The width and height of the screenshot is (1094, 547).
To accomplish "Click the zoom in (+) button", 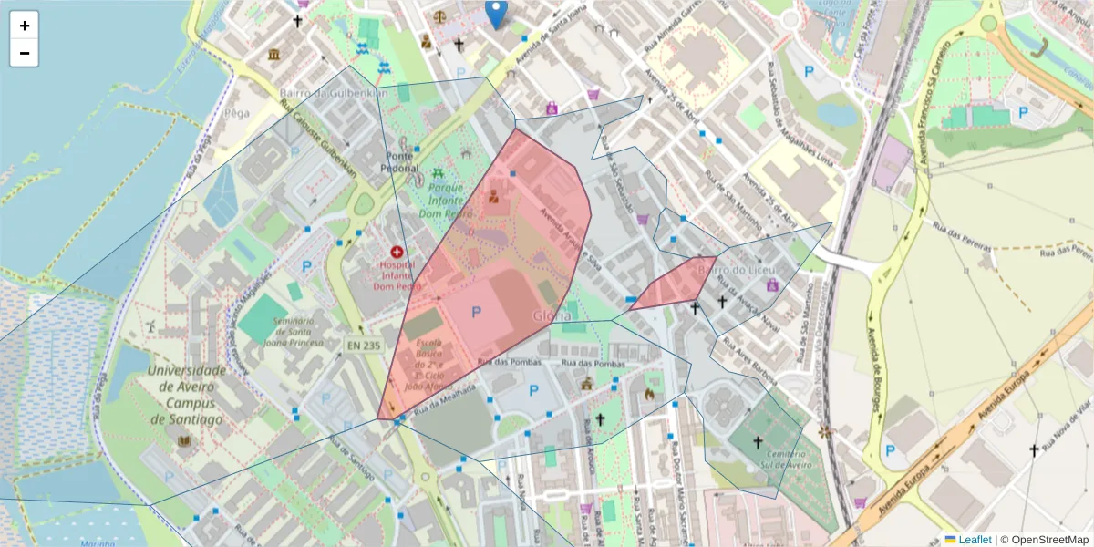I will tap(25, 26).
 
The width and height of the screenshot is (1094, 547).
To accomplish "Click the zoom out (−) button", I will tap(25, 53).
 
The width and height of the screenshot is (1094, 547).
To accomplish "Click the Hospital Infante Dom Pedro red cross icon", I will tap(397, 252).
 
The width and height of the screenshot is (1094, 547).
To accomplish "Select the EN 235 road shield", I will tap(363, 345).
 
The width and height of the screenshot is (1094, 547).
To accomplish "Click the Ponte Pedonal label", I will tap(397, 161).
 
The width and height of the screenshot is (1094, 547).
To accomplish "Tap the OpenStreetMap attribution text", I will tap(1044, 540).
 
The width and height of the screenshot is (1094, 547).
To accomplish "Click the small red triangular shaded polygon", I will tap(674, 287).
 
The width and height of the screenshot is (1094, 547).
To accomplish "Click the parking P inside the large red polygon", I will tap(476, 312).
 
